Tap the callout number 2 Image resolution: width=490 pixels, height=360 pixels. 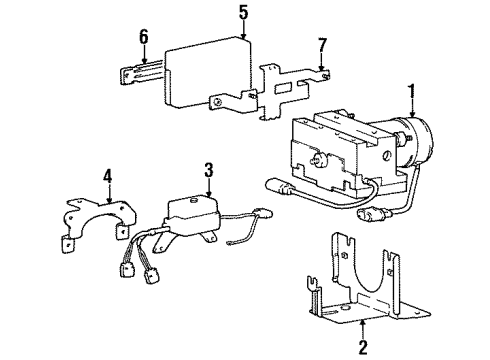point(362,347)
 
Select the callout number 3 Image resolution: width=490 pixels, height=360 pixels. point(209,171)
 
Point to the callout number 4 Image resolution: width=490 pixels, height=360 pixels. point(108,178)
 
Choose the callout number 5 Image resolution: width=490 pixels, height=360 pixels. point(244,13)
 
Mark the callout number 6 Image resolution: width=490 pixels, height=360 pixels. point(144,37)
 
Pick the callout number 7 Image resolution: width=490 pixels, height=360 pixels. point(322,46)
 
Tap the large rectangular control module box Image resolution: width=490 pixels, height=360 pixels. point(207,73)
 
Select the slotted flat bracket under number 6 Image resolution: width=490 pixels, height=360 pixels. point(142,73)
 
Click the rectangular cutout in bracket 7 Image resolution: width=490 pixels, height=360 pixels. point(283,88)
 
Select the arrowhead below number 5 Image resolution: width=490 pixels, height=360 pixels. point(244,36)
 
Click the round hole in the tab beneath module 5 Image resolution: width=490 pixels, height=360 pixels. point(218,102)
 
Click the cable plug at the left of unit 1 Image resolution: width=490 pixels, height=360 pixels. point(280,188)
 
